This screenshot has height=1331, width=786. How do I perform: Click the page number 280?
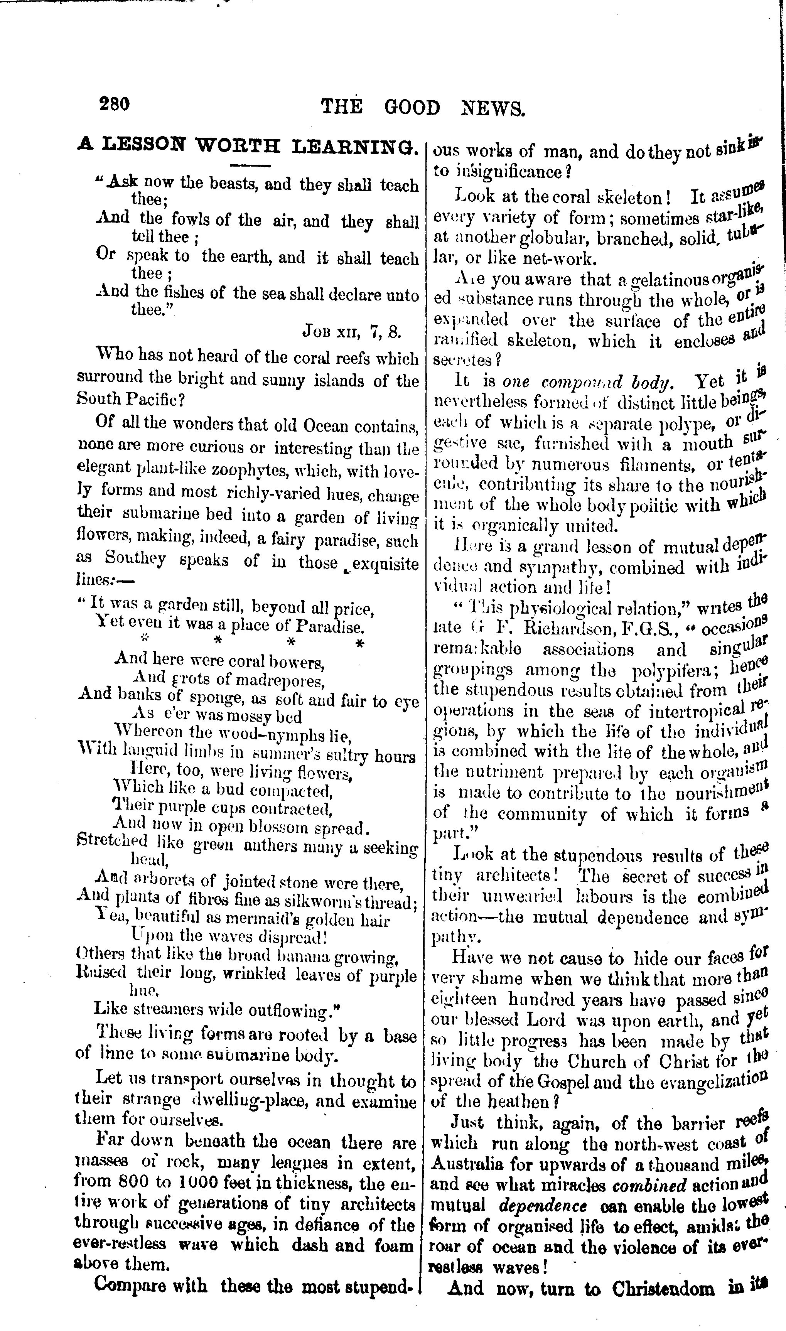coord(114,104)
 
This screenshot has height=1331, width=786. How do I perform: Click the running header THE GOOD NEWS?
coord(423,108)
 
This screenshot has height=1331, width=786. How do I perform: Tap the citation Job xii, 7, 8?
coord(352,332)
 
